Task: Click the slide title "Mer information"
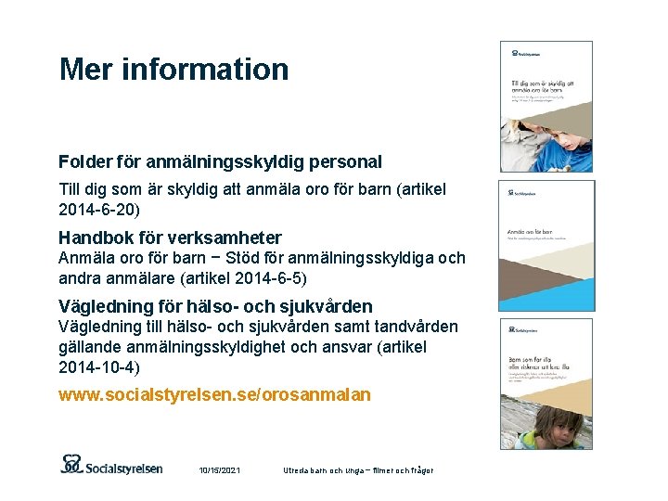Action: coord(173,69)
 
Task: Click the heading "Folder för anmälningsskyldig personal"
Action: coord(220,161)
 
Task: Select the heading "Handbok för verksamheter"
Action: coord(170,238)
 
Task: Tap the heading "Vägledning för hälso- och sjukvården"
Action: coord(215,306)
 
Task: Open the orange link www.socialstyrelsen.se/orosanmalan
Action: coord(214,395)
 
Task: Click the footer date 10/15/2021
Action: coord(220,470)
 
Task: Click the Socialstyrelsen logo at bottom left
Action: coord(111,465)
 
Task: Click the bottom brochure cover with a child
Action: coord(546,383)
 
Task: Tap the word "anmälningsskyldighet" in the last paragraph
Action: coord(188,347)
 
